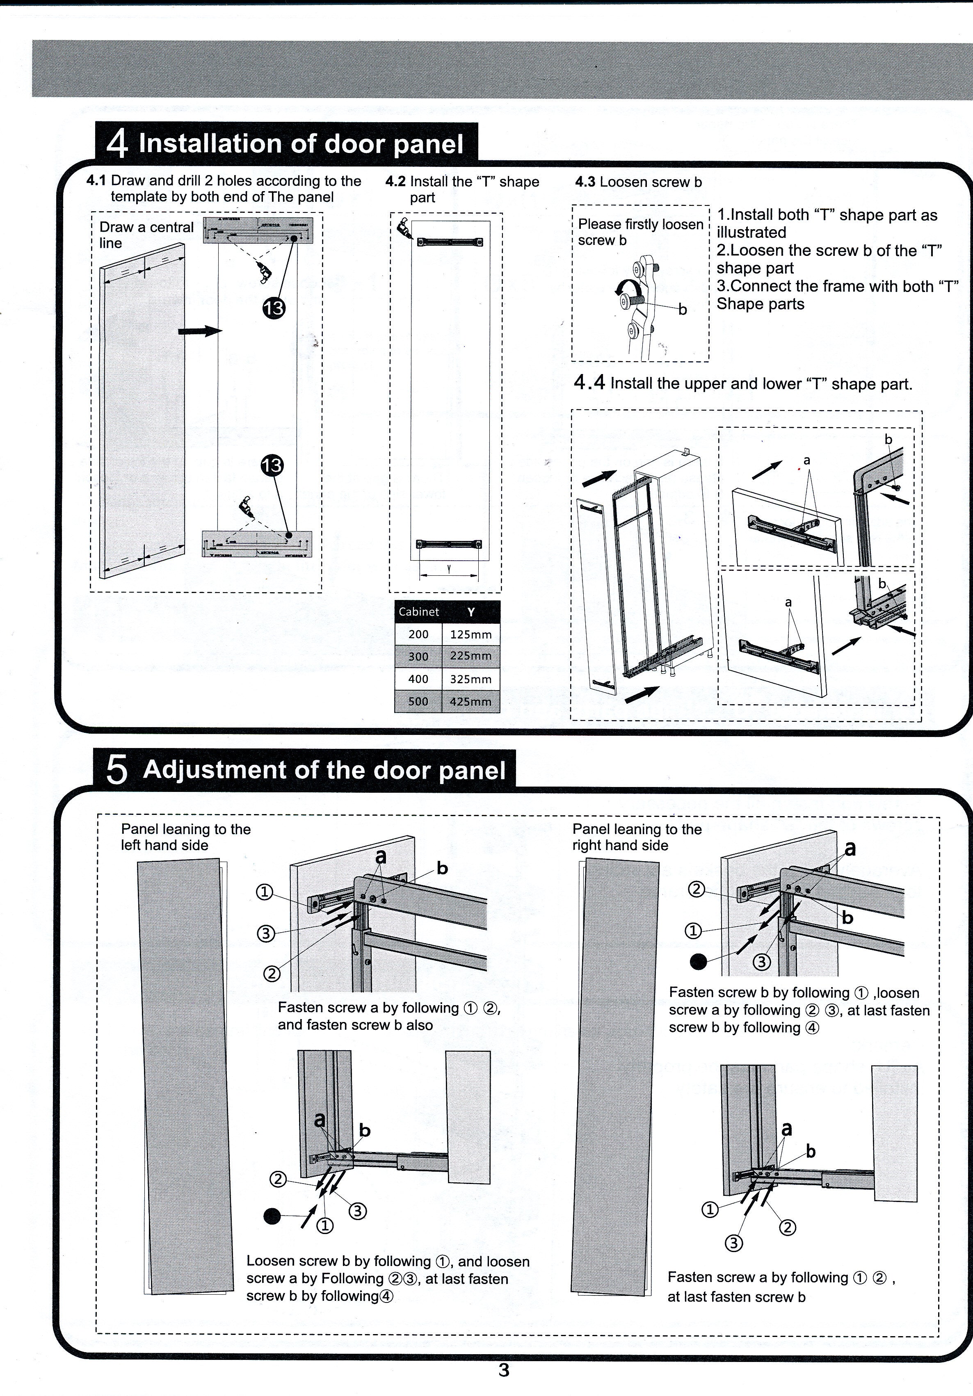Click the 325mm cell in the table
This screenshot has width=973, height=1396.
tap(471, 679)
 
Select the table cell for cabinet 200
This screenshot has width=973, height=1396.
tap(418, 634)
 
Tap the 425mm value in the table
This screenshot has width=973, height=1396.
tap(471, 702)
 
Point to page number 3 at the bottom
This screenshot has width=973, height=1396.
tap(504, 1370)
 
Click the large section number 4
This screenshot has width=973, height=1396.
tap(117, 144)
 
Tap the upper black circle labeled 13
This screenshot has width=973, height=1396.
tap(274, 308)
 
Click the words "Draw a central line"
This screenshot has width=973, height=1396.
tap(146, 235)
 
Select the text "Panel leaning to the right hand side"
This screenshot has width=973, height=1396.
tap(636, 837)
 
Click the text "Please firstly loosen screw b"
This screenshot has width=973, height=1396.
tap(640, 232)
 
